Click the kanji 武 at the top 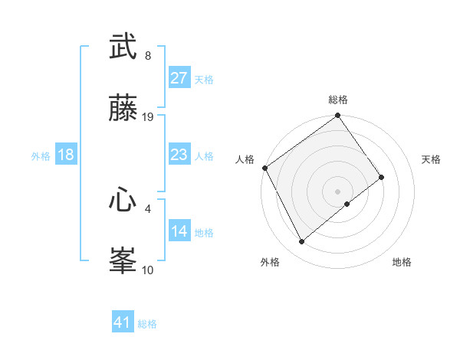tap(123, 47)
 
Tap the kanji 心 tap(123, 201)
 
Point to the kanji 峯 tap(123, 261)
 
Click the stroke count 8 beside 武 tap(147, 56)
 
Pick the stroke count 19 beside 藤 tap(148, 117)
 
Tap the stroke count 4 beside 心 tap(147, 208)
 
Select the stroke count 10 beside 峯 tap(148, 270)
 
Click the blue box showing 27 tap(179, 79)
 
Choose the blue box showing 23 tap(179, 155)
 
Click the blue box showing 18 tap(65, 155)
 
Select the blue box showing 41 tap(123, 323)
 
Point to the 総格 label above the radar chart tap(338, 100)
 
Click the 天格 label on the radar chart tap(432, 159)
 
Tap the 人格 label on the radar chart tap(245, 159)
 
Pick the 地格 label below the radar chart tap(402, 263)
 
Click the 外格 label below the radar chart tap(270, 263)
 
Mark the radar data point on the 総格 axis tap(338, 116)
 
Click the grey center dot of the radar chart tap(338, 191)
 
